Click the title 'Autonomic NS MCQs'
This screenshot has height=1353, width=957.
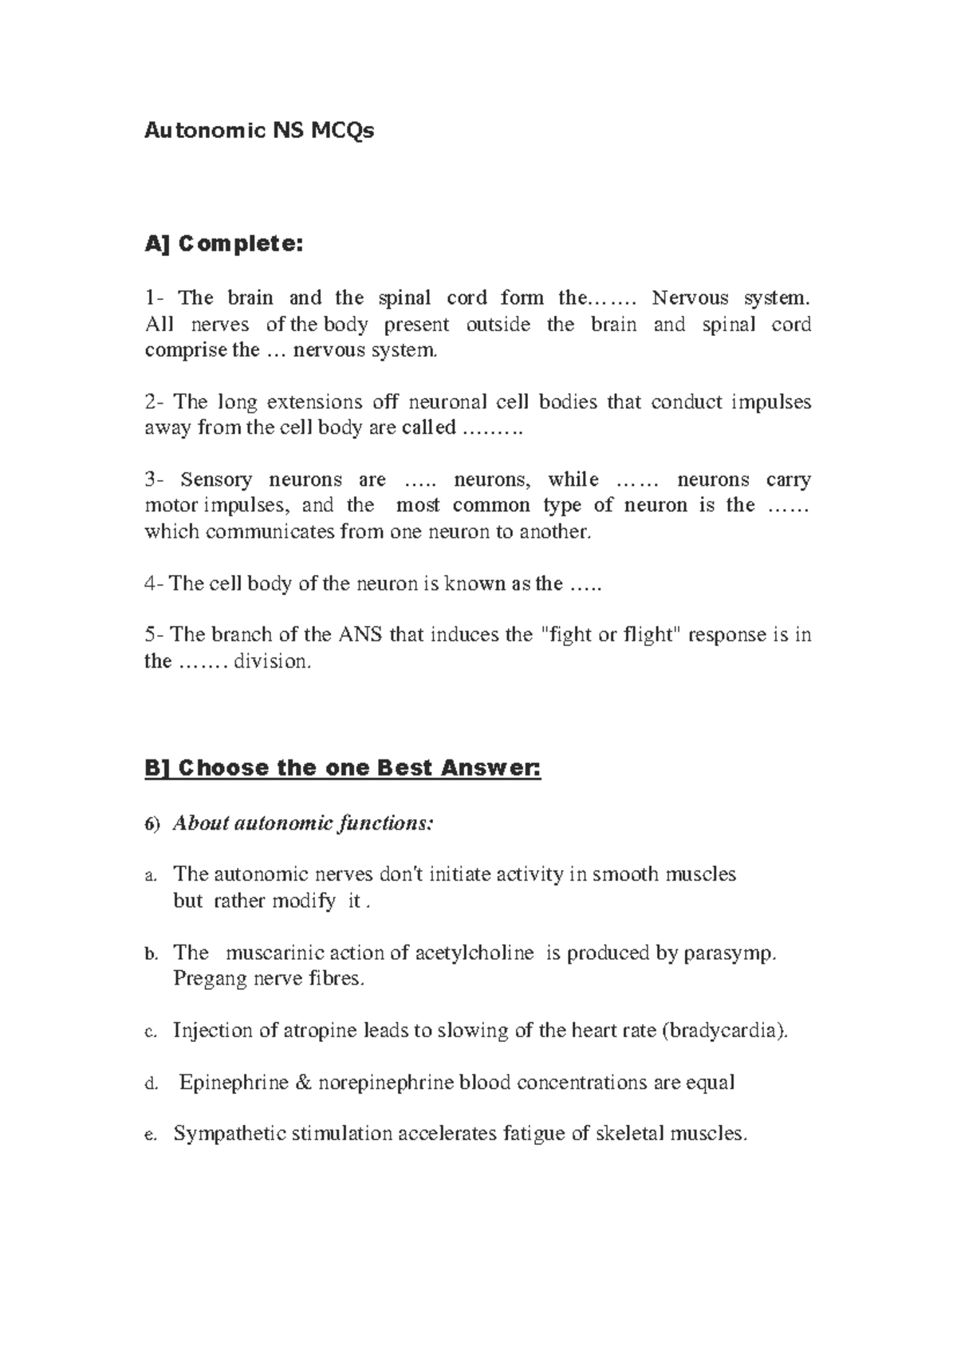258,130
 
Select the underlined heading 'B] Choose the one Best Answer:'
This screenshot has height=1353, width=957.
342,768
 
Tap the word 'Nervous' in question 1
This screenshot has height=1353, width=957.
690,298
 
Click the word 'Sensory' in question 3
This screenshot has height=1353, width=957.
216,480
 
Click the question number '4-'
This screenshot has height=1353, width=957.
154,584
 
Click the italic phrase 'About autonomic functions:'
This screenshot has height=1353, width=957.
304,822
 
